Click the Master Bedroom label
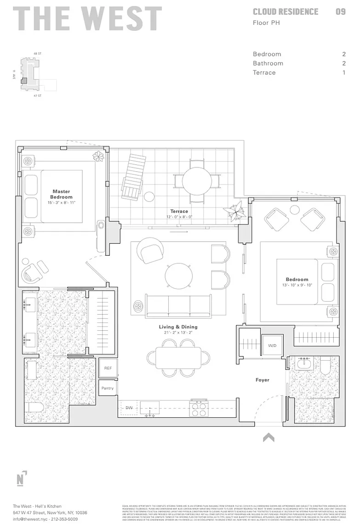[x=61, y=194]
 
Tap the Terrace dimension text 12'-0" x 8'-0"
[x=179, y=217]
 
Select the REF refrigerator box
[x=108, y=368]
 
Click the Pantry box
[x=108, y=388]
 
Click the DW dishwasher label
[x=129, y=408]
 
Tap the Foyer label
[x=263, y=380]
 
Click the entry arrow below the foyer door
[x=269, y=437]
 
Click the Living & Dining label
[x=178, y=327]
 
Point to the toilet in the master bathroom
[x=34, y=408]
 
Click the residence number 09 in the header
[x=340, y=12]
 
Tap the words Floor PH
[x=266, y=22]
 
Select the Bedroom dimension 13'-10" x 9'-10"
[x=297, y=285]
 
